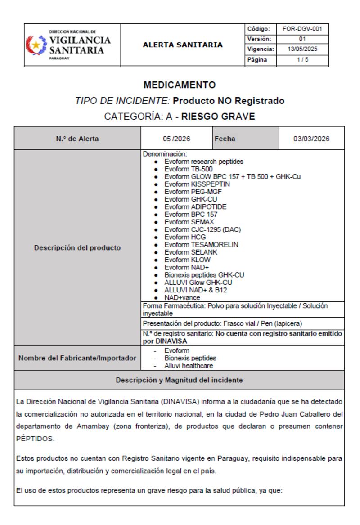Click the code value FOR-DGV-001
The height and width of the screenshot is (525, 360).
[x=300, y=29]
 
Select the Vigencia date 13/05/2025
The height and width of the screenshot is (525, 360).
[x=300, y=49]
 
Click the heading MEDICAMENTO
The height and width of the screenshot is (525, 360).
[x=180, y=85]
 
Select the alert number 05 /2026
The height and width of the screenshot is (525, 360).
[x=176, y=139]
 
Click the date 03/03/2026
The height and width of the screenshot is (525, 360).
[x=311, y=139]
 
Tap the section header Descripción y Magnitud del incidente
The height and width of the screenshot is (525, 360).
[x=180, y=380]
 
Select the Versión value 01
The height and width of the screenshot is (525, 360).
[x=300, y=39]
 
